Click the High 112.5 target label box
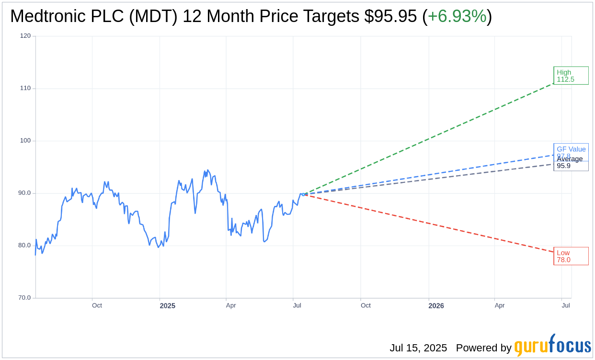point(571,76)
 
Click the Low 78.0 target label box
point(571,256)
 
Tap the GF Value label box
point(571,149)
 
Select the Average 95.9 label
point(570,163)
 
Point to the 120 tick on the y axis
point(25,35)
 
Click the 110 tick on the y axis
point(25,88)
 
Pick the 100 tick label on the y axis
point(25,140)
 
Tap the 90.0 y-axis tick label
point(24,193)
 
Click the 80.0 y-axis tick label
point(24,245)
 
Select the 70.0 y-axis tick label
point(24,297)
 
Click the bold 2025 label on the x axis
point(168,306)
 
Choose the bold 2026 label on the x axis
point(436,306)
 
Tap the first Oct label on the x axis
point(97,305)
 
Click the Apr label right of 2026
point(500,305)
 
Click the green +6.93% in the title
point(457,16)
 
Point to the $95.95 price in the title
point(390,16)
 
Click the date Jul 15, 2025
point(418,348)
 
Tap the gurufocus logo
point(552,346)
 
